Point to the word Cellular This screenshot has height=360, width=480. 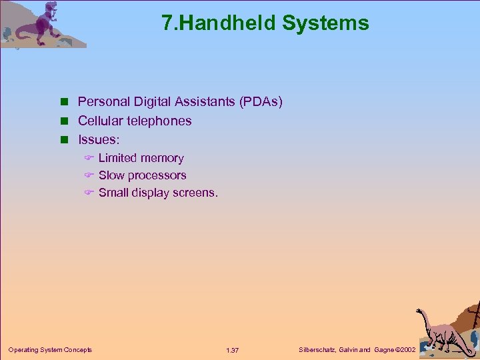99,121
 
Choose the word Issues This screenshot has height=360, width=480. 97,140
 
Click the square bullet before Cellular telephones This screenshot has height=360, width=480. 65,121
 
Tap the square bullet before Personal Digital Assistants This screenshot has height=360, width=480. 65,103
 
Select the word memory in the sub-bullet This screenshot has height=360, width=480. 162,158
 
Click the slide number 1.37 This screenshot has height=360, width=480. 232,351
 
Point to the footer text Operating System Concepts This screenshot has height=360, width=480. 50,350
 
